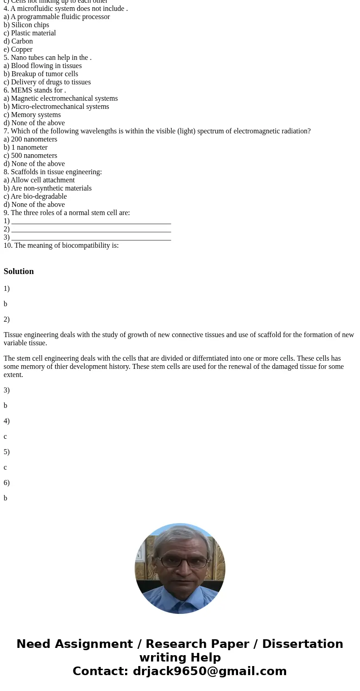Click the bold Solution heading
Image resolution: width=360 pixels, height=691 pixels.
[19, 271]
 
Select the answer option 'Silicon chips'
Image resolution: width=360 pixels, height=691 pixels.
[30, 25]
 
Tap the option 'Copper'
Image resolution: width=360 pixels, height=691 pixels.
[22, 49]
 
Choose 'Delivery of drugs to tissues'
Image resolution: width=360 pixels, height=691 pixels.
[51, 82]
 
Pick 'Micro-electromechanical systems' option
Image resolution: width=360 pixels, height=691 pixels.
[60, 107]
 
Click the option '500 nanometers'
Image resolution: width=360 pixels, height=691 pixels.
[34, 156]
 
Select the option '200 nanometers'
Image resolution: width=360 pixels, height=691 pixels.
[34, 139]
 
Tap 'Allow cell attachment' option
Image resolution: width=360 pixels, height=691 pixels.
[43, 180]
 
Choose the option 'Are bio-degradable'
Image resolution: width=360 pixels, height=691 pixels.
[39, 196]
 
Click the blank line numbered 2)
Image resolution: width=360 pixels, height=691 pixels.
[91, 229]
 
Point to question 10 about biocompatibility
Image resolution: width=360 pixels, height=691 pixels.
[61, 245]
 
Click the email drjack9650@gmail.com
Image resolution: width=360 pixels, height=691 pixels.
[209, 671]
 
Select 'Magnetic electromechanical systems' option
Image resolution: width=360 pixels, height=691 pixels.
[64, 98]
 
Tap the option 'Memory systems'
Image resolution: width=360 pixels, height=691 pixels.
[35, 115]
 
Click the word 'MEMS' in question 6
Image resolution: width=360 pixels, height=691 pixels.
[22, 90]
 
